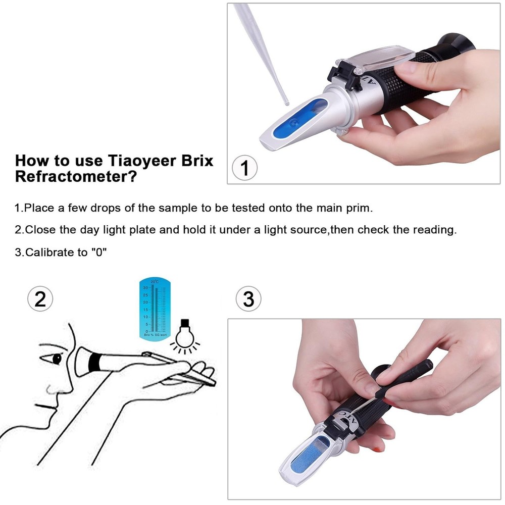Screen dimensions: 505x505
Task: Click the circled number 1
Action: tap(244, 168)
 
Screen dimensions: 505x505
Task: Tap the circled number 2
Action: tap(40, 299)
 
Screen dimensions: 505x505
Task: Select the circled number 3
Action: tap(248, 299)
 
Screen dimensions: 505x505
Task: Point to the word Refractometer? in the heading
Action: tap(76, 177)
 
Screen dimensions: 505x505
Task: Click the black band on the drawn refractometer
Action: tap(94, 362)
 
